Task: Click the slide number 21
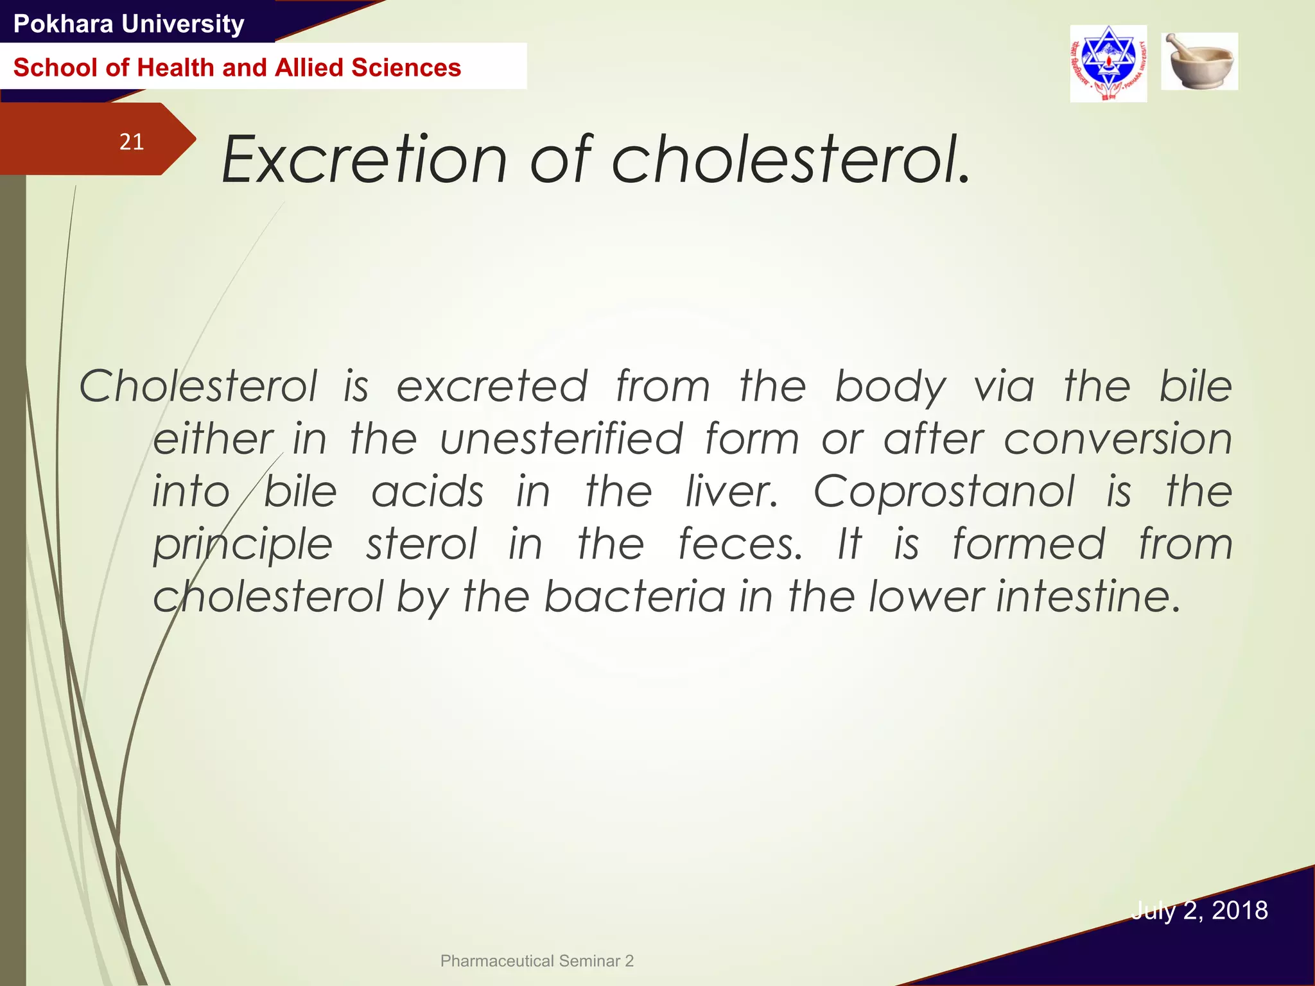point(132,141)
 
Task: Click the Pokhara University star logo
point(1108,63)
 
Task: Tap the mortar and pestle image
point(1199,62)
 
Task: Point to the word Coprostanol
point(944,492)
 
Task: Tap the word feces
point(740,544)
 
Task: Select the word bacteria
point(635,596)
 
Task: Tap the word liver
point(731,492)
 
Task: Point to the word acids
point(428,492)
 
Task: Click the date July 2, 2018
point(1199,910)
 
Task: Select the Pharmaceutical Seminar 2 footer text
point(537,961)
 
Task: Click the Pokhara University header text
point(129,24)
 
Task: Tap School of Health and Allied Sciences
point(237,67)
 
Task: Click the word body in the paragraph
point(890,388)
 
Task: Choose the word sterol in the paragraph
point(421,544)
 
